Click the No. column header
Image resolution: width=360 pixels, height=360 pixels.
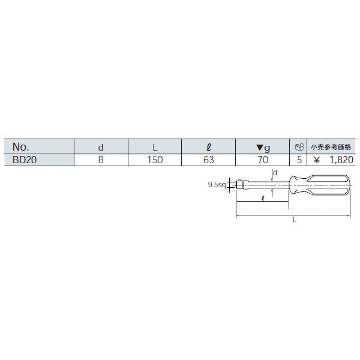(21, 147)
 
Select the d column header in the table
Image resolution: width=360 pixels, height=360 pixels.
(101, 148)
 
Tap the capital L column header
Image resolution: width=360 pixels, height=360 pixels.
(155, 148)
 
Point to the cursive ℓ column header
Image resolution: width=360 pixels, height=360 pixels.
(209, 147)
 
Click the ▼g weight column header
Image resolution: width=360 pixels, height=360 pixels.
(263, 148)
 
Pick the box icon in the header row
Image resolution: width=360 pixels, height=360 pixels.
(299, 147)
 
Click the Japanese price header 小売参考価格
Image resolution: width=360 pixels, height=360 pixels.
(331, 147)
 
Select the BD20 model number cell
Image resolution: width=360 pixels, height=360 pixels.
(25, 160)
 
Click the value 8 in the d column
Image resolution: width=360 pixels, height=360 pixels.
(101, 160)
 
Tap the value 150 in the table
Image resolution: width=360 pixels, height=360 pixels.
(155, 160)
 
